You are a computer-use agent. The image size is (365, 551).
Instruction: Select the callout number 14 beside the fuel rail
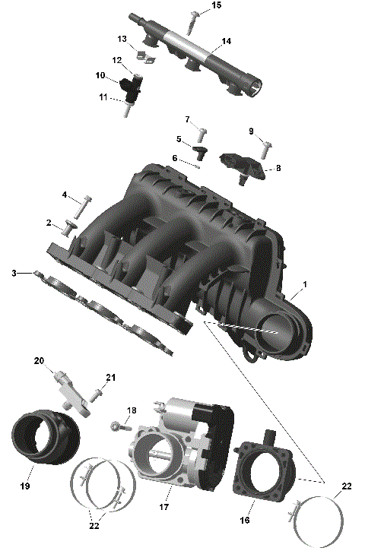click(227, 41)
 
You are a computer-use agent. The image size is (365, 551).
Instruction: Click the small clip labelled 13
click(141, 52)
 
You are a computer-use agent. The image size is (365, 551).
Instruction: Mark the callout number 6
click(174, 158)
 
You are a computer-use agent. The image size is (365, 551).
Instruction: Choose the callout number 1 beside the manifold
click(305, 284)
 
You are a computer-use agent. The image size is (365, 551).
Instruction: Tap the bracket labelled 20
click(68, 386)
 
